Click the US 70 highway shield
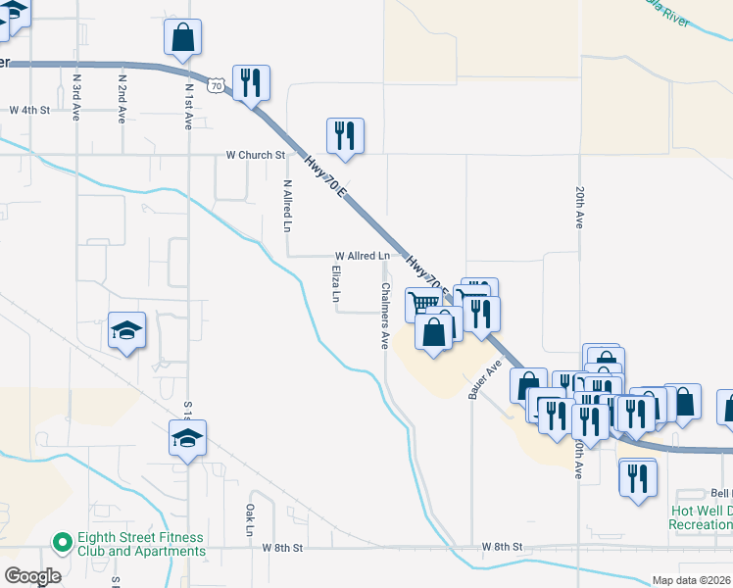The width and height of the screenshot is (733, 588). click(217, 85)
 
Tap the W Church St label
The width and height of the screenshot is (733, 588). click(255, 155)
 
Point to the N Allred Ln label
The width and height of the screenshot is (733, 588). click(287, 205)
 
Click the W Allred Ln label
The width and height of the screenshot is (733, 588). click(362, 255)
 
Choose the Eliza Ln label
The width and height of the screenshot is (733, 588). click(335, 283)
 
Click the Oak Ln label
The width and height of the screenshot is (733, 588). click(251, 520)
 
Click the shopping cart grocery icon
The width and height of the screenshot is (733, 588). click(422, 305)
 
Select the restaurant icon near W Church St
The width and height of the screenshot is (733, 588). click(345, 136)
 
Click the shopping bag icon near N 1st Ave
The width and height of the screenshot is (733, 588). click(182, 38)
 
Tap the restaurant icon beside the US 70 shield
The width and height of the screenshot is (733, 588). click(251, 83)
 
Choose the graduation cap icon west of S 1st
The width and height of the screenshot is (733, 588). click(126, 330)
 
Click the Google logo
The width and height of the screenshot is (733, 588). click(33, 576)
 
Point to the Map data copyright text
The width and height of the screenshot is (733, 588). click(691, 580)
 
